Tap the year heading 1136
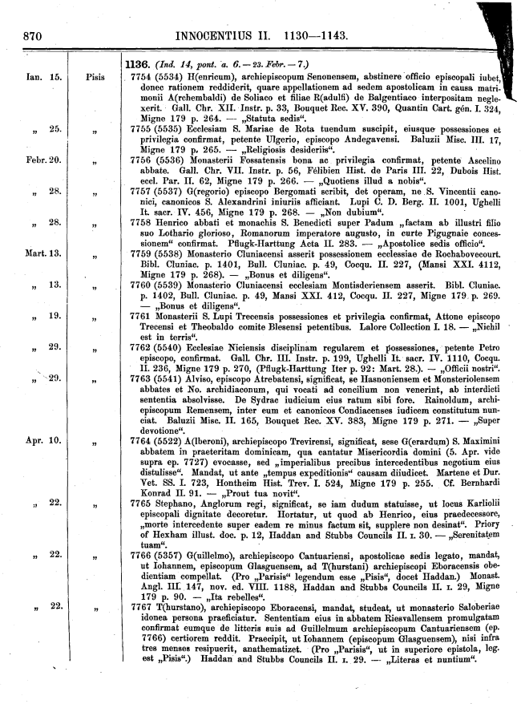(140, 63)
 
